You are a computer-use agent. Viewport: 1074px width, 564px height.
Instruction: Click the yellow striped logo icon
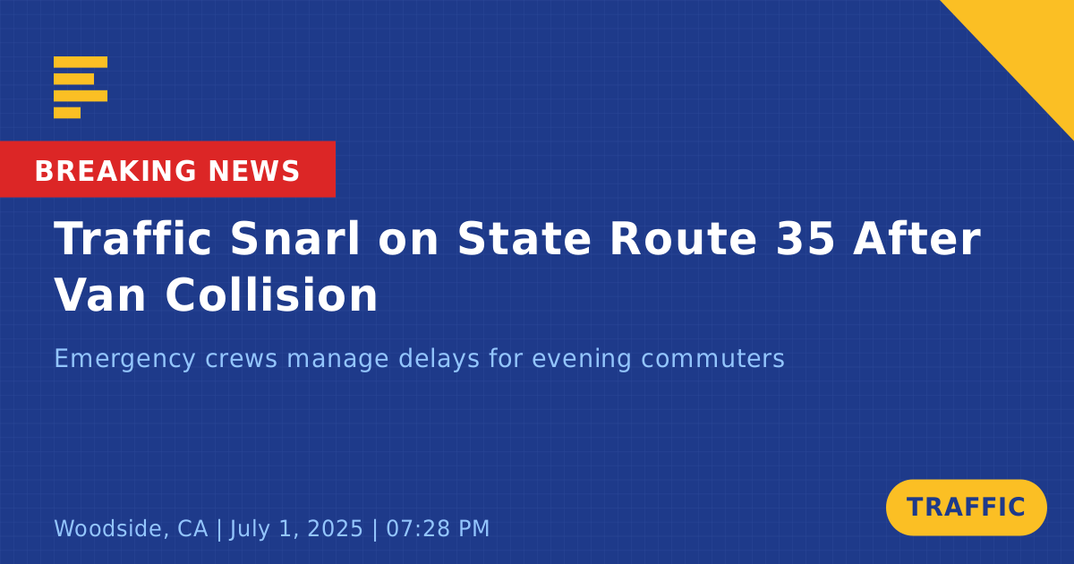point(81,88)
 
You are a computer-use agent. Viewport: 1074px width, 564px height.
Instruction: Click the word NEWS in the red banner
point(254,171)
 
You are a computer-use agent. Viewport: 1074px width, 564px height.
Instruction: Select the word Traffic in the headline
point(132,238)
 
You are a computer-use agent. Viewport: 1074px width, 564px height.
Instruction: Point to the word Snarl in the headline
point(294,238)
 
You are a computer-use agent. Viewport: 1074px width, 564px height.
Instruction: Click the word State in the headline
point(524,238)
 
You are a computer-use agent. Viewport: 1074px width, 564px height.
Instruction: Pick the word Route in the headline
point(684,238)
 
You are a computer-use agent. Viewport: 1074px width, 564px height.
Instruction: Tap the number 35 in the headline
point(805,238)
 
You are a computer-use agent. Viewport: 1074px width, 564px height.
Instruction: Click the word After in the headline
point(917,238)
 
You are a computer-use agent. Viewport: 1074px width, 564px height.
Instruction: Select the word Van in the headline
point(99,295)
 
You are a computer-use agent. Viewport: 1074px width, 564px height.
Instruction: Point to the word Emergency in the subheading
point(124,359)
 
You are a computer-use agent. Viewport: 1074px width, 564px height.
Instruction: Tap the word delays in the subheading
point(439,358)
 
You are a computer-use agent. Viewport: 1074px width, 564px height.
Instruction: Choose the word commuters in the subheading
point(712,359)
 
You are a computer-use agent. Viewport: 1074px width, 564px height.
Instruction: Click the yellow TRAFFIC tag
point(966,508)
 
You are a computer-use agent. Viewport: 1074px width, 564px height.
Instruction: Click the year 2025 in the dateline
point(335,528)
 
